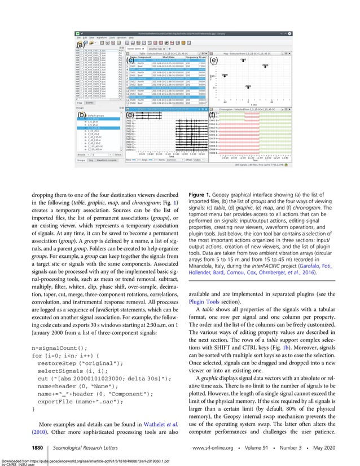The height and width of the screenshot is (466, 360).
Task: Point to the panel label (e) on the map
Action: click(x=213, y=59)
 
